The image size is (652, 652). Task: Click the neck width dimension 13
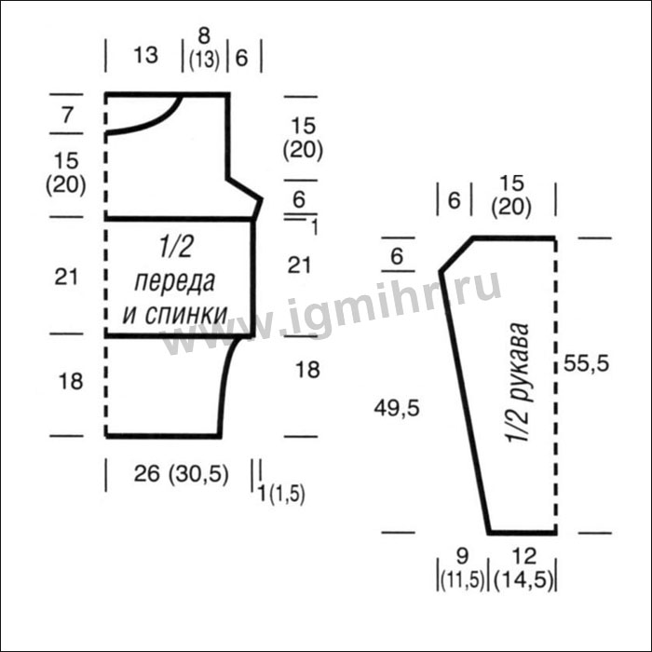(145, 55)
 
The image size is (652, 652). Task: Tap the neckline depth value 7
(67, 115)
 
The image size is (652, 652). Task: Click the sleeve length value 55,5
(586, 364)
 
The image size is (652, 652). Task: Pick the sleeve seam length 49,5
(397, 408)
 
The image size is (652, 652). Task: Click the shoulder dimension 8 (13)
(204, 48)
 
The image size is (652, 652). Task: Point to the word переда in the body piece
(175, 282)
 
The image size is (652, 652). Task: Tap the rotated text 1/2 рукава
(519, 383)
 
